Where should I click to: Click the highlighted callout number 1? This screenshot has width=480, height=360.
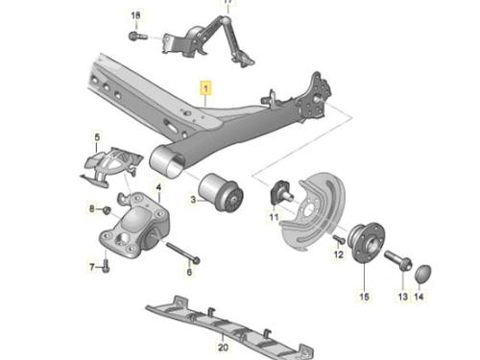tap(205, 88)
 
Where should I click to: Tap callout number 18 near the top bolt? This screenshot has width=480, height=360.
tap(135, 15)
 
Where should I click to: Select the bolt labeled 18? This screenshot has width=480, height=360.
tap(138, 36)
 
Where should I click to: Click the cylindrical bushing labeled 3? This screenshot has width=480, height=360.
tap(221, 192)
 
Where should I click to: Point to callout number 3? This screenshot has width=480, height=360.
tap(193, 200)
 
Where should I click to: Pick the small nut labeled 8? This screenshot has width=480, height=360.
tap(107, 210)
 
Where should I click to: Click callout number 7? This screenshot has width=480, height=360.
tap(92, 267)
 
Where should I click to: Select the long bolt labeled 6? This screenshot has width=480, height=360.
tap(183, 252)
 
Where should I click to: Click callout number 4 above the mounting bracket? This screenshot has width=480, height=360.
tap(158, 187)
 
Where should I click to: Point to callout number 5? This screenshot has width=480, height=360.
tap(97, 137)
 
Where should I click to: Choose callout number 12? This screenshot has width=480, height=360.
tap(338, 254)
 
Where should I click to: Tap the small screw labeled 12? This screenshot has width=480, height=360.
tap(338, 239)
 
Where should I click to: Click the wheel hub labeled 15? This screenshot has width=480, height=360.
tap(366, 242)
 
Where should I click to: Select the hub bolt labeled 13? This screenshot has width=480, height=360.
tap(397, 260)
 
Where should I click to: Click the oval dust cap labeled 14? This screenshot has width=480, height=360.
tap(423, 274)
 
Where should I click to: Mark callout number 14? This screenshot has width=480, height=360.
tap(419, 297)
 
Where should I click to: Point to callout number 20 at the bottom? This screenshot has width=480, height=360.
tap(223, 347)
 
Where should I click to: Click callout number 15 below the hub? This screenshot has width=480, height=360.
tap(364, 297)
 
